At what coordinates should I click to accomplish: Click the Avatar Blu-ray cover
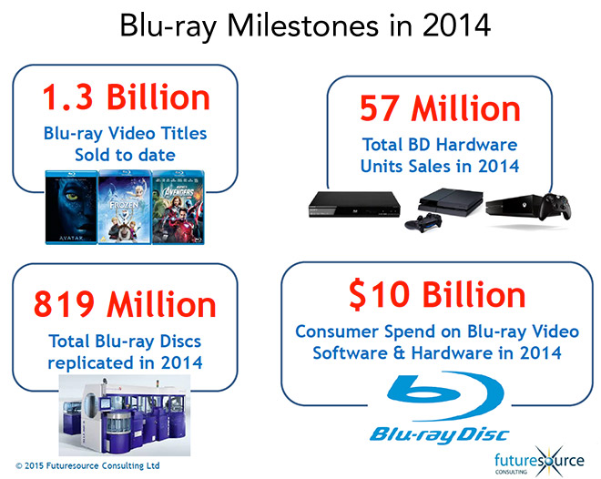(71, 208)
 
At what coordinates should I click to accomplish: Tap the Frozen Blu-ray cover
(125, 208)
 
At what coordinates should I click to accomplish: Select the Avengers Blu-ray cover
(178, 208)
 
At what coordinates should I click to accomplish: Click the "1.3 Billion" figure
(126, 97)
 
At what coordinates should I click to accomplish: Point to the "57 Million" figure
(440, 108)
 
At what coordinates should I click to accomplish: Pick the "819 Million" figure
(125, 305)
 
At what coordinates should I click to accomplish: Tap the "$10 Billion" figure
(437, 295)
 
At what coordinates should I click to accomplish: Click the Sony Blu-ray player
(354, 204)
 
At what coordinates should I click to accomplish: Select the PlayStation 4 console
(449, 200)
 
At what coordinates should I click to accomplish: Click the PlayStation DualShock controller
(423, 222)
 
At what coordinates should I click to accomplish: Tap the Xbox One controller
(555, 207)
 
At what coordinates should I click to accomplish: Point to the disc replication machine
(125, 415)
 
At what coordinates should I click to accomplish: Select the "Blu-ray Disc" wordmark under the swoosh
(440, 435)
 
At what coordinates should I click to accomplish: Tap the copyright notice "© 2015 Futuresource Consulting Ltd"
(87, 466)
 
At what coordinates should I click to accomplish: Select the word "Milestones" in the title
(303, 25)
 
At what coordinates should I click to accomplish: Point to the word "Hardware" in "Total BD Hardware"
(477, 145)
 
